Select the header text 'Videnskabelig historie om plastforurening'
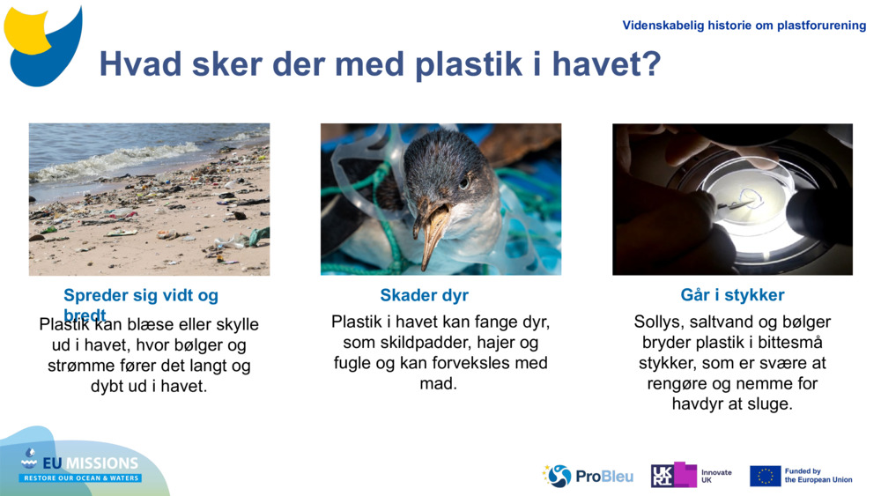point(744,26)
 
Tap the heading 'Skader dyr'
point(424,295)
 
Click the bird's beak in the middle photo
point(433,231)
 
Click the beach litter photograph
point(149,199)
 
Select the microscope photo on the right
point(732,199)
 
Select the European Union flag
point(765,476)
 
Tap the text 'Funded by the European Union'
point(818,476)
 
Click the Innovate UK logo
point(691,476)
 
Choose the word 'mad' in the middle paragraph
point(438,383)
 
